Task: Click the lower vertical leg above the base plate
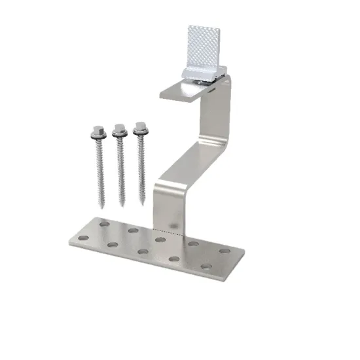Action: [164, 206]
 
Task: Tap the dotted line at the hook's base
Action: [167, 230]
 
